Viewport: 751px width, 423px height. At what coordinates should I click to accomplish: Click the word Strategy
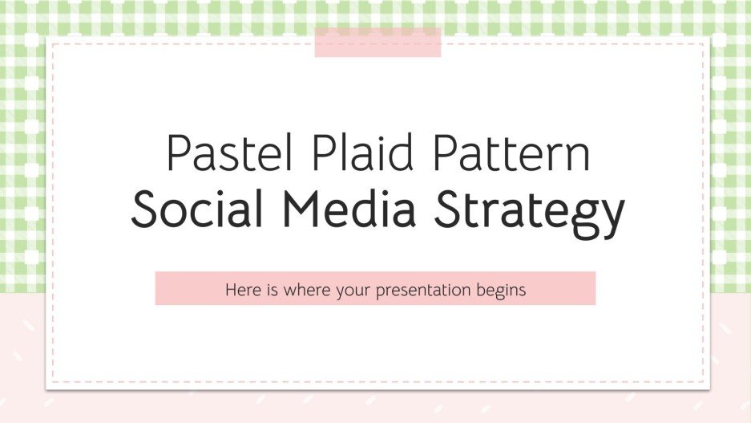tap(535, 210)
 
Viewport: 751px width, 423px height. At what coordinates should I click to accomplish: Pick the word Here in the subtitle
tap(242, 289)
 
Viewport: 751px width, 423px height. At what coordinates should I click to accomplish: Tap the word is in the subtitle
tap(272, 289)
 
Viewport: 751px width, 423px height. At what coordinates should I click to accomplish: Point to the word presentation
tap(431, 291)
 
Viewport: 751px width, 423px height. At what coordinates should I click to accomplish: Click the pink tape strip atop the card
tap(378, 43)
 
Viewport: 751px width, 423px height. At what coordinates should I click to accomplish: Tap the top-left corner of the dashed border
tap(53, 43)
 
